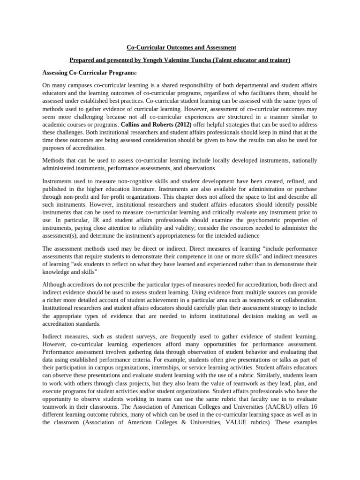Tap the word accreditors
tap(82, 285)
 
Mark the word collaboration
tap(298, 300)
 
